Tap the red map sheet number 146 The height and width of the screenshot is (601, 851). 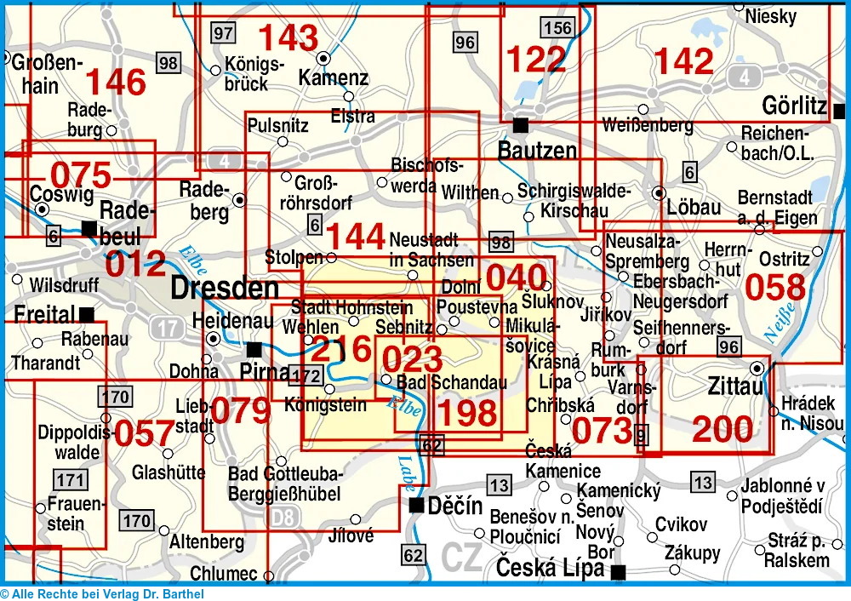(116, 82)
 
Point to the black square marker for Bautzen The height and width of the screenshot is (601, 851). (521, 125)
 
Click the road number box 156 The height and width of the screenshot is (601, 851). (557, 28)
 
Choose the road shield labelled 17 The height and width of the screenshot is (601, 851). (167, 326)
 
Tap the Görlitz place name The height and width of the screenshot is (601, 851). (795, 107)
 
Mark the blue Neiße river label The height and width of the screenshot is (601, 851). (784, 322)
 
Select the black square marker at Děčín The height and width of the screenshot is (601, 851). (416, 506)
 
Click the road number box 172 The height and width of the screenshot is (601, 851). (306, 375)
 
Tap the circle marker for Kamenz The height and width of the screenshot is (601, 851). (323, 58)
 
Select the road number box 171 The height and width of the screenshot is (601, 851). (71, 480)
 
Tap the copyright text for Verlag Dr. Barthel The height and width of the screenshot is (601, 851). (102, 594)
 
